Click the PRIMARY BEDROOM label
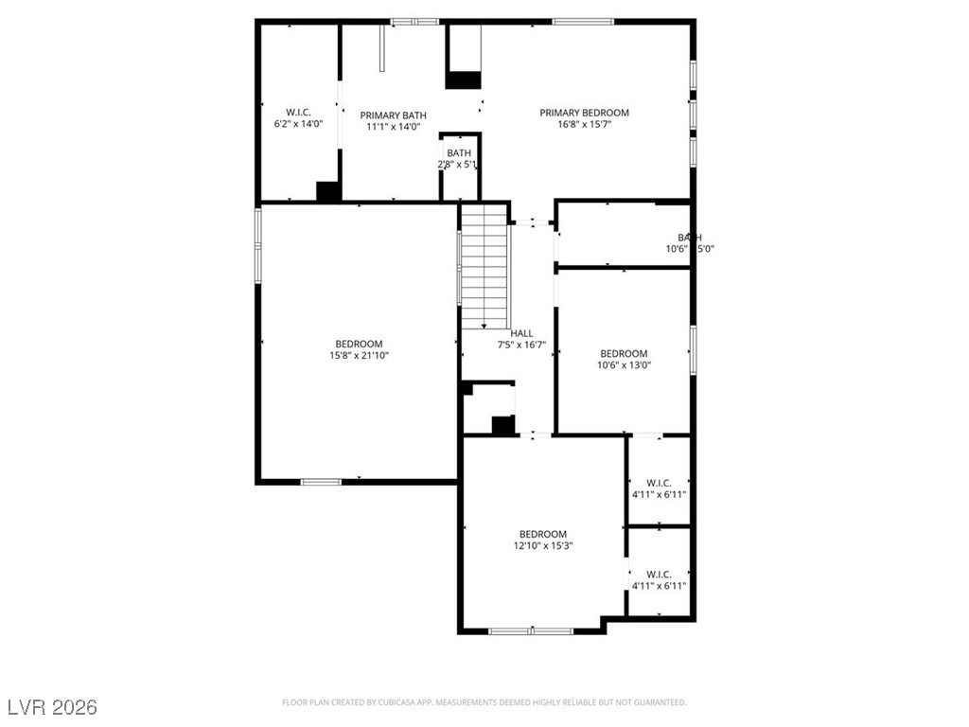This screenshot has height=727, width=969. coord(584,113)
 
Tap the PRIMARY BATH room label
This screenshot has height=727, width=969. coord(393,115)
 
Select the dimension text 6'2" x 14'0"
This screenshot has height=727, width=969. coord(298,124)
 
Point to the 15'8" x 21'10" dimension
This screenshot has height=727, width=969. coord(359,356)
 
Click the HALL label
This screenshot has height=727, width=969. coord(521,333)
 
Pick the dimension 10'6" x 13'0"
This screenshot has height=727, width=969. coord(624,365)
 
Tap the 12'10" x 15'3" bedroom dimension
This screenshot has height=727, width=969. coord(542,546)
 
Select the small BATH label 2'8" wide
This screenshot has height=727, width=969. coord(459,153)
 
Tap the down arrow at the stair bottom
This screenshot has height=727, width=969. coord(484,325)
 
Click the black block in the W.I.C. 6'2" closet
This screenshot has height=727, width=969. coord(328,191)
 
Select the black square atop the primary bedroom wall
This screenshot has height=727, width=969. coord(464,80)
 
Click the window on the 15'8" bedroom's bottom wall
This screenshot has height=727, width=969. coord(321,482)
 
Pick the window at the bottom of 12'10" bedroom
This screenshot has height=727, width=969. coord(531,630)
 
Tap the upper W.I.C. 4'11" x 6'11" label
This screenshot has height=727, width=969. coord(659,483)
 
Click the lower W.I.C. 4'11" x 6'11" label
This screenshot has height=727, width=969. coord(659,575)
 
